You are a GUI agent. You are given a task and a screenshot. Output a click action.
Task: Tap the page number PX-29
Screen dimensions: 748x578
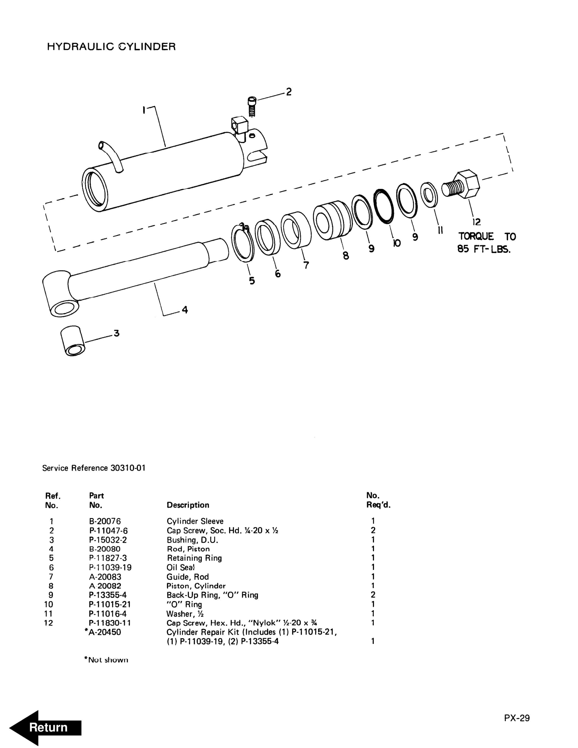coord(516,718)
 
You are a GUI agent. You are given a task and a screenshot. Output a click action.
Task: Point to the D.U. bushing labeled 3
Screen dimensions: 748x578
coord(72,340)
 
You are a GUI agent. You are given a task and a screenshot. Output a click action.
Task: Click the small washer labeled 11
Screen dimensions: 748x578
coord(429,195)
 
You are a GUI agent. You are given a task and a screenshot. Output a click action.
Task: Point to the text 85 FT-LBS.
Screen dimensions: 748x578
coord(484,249)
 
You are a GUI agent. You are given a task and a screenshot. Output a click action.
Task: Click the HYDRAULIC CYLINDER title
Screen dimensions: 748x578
coord(111,47)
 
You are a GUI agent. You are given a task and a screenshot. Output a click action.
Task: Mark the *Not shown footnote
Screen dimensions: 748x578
coord(106,660)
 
